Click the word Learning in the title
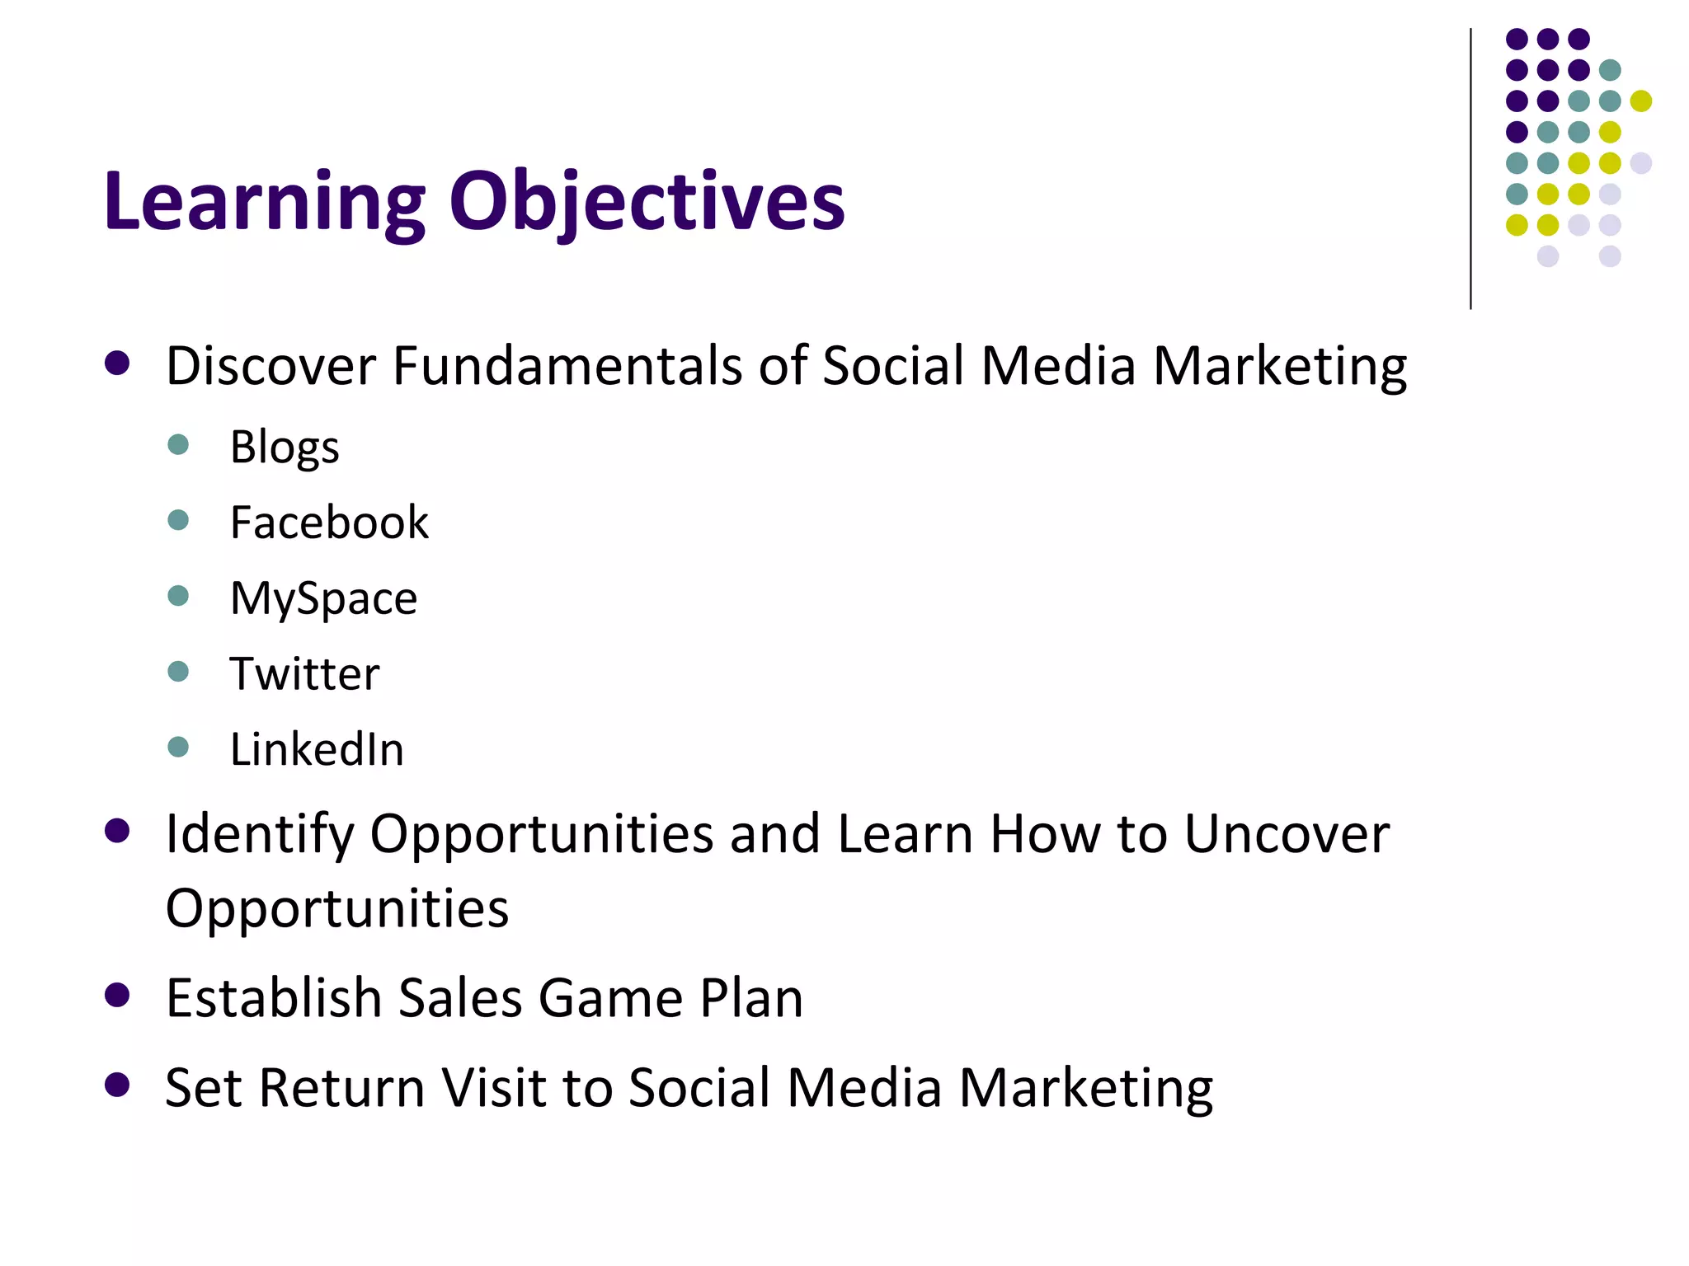264,202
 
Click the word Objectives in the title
647,202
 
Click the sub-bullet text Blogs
284,448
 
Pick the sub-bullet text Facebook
329,523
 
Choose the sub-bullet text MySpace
323,598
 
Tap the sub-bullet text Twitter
304,673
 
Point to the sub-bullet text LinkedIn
317,749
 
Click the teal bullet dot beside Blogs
178,445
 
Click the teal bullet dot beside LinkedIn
178,747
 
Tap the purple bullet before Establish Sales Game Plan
118,996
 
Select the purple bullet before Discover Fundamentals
118,363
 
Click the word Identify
259,834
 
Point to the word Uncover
1287,834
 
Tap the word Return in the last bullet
342,1088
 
